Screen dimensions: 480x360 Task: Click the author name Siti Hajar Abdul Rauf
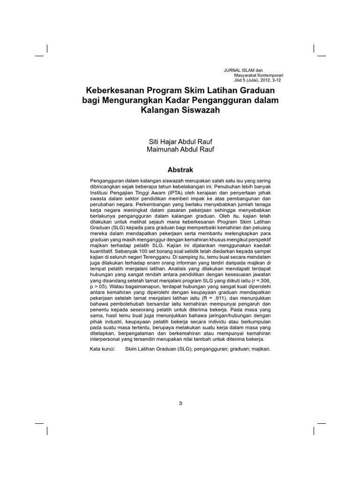[180, 141]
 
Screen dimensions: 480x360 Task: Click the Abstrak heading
[180, 169]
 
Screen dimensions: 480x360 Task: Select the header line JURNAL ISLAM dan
[243, 70]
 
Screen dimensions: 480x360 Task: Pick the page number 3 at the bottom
[180, 403]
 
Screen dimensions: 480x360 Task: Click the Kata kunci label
[102, 349]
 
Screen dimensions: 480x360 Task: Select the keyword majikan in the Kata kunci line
[260, 349]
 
